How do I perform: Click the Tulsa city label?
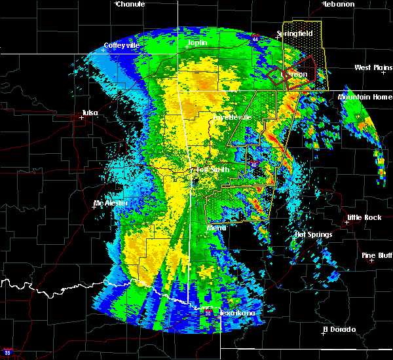pyautogui.click(x=90, y=113)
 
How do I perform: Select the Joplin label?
pyautogui.click(x=197, y=43)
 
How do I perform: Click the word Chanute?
pyautogui.click(x=130, y=4)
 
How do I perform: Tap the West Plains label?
pyautogui.click(x=372, y=67)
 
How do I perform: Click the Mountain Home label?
pyautogui.click(x=364, y=97)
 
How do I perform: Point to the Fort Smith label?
pyautogui.click(x=212, y=170)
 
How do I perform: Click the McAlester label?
pyautogui.click(x=111, y=203)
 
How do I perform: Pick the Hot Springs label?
pyautogui.click(x=313, y=234)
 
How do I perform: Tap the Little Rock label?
pyautogui.click(x=364, y=217)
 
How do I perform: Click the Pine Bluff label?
pyautogui.click(x=377, y=255)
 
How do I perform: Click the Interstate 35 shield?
pyautogui.click(x=6, y=351)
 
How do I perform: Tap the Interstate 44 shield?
pyautogui.click(x=255, y=39)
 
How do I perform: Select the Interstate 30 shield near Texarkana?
pyautogui.click(x=208, y=314)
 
